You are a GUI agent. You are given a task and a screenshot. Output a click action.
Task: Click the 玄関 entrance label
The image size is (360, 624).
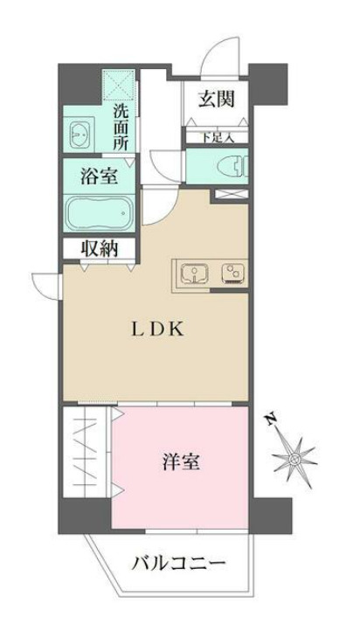[x=215, y=99]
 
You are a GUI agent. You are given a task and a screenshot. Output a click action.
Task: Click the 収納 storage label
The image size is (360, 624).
[x=98, y=248]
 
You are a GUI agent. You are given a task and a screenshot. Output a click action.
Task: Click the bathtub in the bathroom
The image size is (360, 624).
[x=99, y=213]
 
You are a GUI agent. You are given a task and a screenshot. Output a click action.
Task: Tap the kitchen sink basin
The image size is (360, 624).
[x=193, y=275]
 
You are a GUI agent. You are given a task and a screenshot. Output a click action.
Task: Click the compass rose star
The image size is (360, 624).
[x=297, y=457]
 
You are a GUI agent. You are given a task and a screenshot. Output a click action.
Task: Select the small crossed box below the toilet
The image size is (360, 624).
[x=230, y=194]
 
